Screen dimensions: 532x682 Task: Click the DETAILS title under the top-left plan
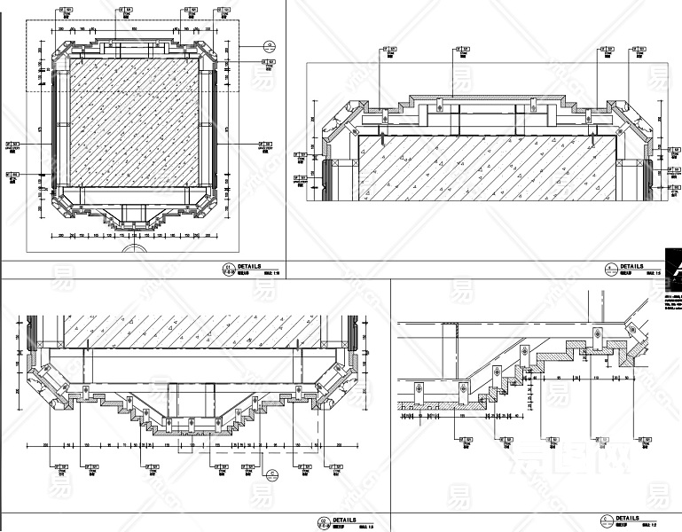[249, 266]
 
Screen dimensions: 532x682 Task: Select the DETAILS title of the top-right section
[631, 266]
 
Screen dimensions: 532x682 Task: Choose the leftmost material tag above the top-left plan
[66, 13]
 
